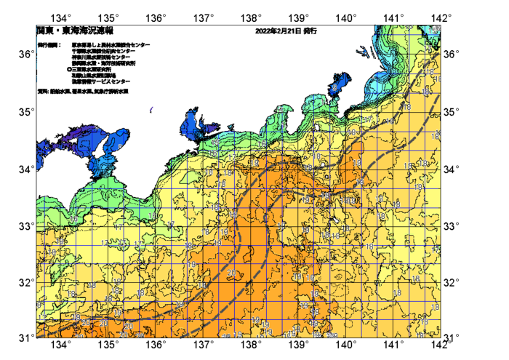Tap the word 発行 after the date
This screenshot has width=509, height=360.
[310, 32]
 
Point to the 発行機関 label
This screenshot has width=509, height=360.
[49, 45]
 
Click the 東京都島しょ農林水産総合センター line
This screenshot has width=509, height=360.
[111, 45]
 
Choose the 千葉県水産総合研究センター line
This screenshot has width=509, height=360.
[106, 51]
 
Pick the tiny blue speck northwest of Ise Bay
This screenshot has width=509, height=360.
[151, 110]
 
